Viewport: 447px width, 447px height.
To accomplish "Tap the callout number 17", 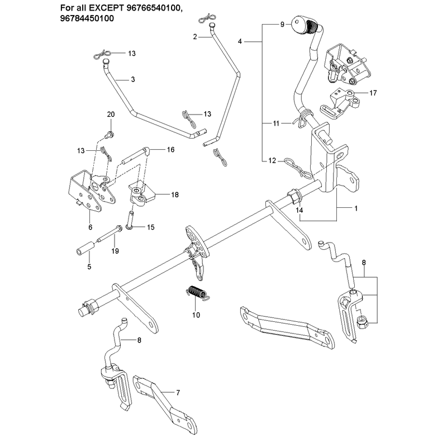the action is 373,93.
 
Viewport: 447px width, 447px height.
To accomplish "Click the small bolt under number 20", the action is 110,134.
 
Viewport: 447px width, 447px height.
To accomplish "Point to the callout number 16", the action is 170,150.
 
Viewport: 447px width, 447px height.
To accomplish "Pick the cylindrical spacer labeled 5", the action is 85,247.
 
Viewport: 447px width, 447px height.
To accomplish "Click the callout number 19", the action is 115,251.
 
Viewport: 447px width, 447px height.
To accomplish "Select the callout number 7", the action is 178,393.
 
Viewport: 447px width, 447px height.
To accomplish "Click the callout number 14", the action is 299,210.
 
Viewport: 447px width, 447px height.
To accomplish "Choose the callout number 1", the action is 356,208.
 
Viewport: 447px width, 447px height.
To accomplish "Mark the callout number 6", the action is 91,227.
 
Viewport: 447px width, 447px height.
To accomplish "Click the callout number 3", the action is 133,79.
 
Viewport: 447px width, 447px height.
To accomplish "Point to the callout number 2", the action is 194,37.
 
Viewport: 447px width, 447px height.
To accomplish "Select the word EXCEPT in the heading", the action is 105,8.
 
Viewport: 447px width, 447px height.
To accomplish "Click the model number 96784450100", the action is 87,18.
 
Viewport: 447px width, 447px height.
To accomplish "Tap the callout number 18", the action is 175,194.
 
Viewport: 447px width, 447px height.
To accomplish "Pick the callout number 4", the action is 240,41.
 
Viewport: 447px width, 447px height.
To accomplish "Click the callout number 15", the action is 150,227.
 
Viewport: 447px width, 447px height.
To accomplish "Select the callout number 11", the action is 276,123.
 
